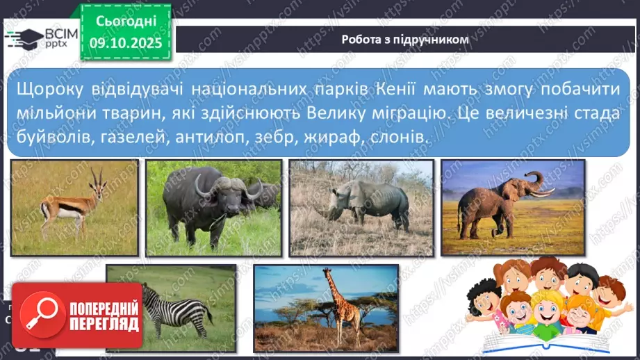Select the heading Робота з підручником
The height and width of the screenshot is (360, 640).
point(405,40)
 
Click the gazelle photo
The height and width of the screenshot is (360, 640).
point(75,207)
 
